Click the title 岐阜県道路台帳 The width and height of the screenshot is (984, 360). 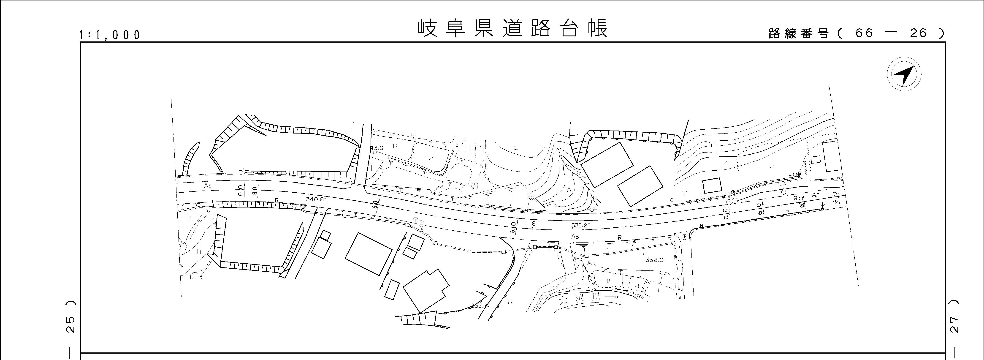pos(512,28)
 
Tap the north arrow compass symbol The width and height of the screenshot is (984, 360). pos(904,74)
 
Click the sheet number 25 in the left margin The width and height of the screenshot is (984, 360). pos(71,325)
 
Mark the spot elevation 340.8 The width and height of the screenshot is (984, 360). pos(315,199)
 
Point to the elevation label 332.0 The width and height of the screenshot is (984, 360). pos(654,260)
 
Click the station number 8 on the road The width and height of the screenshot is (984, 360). pos(534,223)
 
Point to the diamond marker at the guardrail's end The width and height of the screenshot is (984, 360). pos(822,206)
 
